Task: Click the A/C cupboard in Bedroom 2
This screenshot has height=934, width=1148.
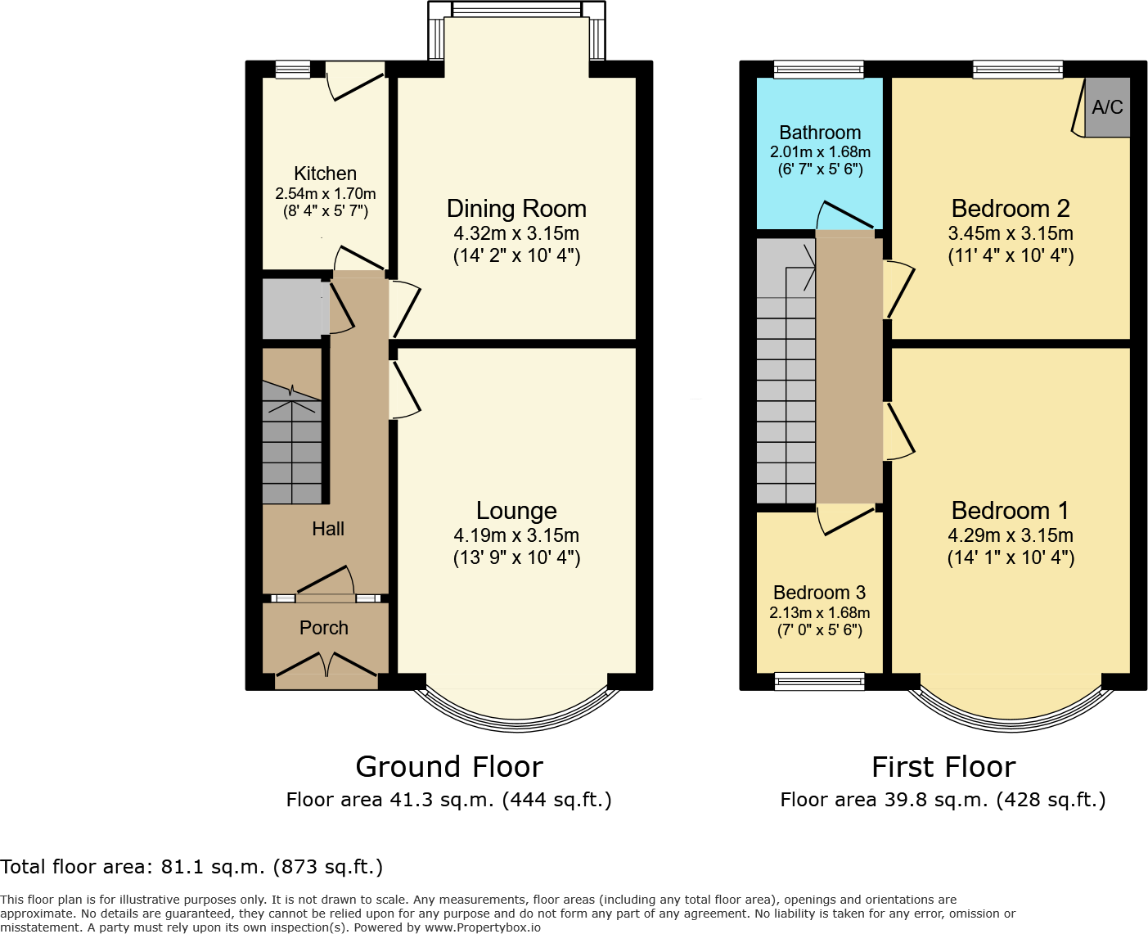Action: coord(1107,107)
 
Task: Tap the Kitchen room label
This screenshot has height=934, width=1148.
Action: coord(325,174)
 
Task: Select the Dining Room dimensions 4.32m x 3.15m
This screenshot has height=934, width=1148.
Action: coord(516,233)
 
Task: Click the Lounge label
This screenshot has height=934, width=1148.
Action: coord(516,511)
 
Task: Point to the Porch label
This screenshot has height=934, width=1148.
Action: coord(324,628)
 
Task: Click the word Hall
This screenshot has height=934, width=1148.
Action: coord(328,529)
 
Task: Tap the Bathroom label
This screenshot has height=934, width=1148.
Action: coord(820,133)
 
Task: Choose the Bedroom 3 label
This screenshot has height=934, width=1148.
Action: coord(819,593)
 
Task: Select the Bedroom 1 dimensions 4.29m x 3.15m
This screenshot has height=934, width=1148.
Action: coord(1011,535)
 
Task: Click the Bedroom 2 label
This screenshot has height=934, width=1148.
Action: coord(1011,209)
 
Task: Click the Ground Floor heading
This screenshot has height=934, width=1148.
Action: coord(449,767)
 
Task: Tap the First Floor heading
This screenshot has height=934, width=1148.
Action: coord(943,767)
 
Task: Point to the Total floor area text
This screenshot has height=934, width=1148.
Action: coord(191,867)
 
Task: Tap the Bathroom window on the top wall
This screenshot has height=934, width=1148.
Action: coord(819,70)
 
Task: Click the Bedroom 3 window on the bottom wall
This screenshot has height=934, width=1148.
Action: coord(819,681)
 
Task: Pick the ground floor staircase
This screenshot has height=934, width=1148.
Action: coord(291,442)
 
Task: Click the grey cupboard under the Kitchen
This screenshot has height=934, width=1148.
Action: coord(293,309)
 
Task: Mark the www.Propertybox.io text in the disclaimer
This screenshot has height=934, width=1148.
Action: coord(482,927)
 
